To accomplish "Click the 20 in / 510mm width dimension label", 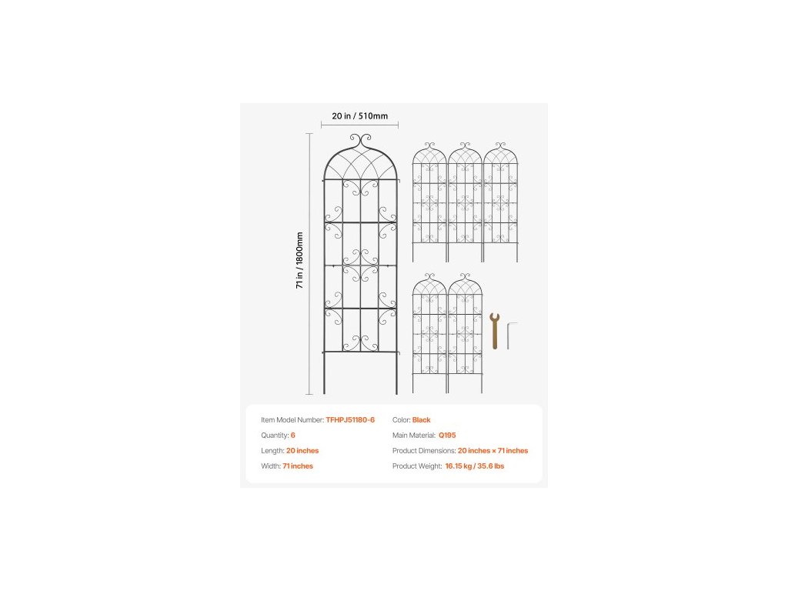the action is click(x=359, y=116).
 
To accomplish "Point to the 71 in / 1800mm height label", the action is click(x=299, y=260).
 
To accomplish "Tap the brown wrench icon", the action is click(x=494, y=330).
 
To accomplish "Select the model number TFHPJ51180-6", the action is click(x=350, y=420).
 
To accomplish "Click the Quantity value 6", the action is click(x=293, y=436).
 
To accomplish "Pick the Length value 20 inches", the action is click(x=302, y=451).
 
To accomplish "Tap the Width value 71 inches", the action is click(x=299, y=466).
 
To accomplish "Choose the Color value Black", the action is click(x=422, y=420).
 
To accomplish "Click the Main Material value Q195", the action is click(x=446, y=436).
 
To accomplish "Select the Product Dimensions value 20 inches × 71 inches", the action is click(x=493, y=451).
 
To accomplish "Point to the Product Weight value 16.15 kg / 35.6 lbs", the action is click(x=474, y=466).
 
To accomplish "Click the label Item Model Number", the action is click(x=292, y=420).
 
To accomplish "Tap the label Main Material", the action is click(x=414, y=436).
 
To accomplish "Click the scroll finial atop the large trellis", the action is click(x=359, y=140).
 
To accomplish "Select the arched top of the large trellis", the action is click(x=359, y=162).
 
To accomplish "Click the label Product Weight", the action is click(x=416, y=466).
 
